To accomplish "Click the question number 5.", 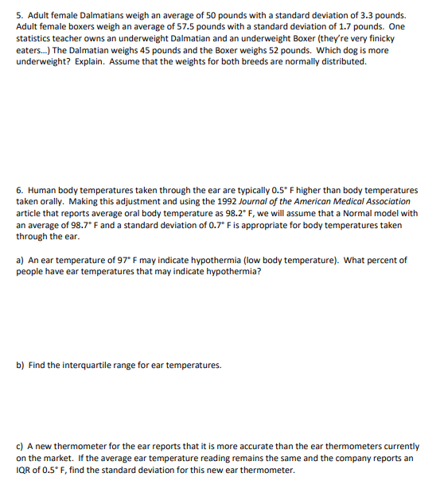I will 19,15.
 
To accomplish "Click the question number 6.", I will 19,191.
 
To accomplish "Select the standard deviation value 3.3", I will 360,15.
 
